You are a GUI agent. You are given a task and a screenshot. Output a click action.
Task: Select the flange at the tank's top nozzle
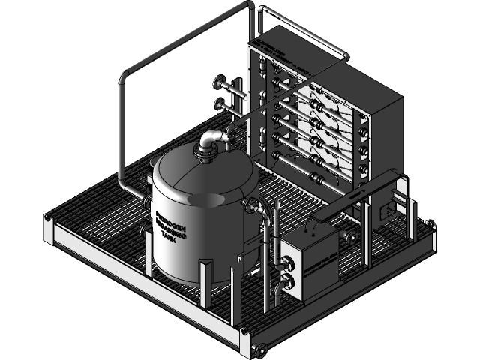(x=204, y=155)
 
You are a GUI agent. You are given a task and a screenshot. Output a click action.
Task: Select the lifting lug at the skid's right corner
(x=430, y=223)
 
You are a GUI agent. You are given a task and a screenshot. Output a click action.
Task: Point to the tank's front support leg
(x=205, y=282)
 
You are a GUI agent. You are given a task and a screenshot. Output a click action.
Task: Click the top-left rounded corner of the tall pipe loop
(x=124, y=76)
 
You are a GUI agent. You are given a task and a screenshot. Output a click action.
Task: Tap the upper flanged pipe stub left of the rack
(x=220, y=82)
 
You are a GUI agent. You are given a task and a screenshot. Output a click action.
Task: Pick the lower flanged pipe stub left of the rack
(x=220, y=103)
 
